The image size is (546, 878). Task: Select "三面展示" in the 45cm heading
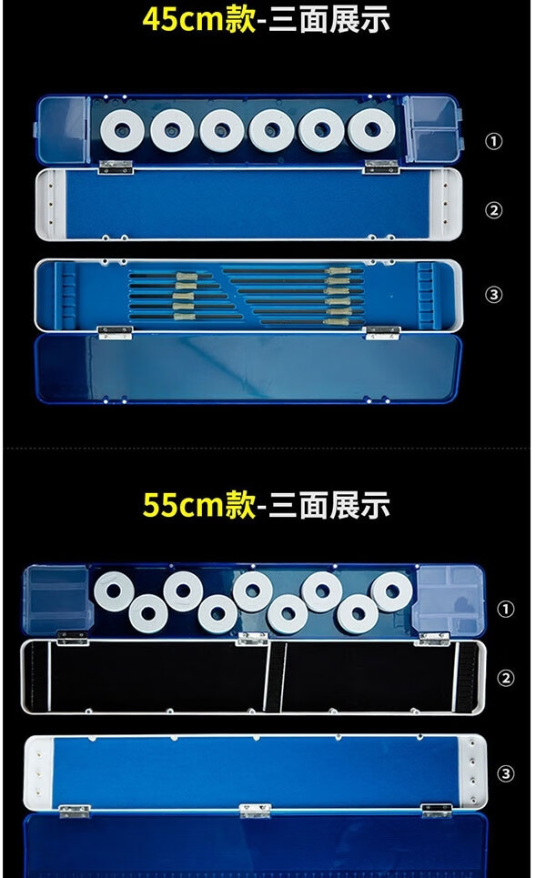click(x=329, y=19)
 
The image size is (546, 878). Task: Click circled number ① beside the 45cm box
click(x=494, y=142)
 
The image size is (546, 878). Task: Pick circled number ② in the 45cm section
click(x=494, y=210)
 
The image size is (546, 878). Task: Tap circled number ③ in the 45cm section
click(x=494, y=294)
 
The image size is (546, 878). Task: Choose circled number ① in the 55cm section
click(x=506, y=609)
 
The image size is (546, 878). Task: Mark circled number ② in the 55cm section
click(x=506, y=678)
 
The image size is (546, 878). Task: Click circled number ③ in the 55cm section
click(x=506, y=773)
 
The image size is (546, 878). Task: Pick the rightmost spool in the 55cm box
click(x=389, y=592)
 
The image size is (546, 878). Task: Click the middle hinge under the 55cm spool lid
click(x=251, y=639)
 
